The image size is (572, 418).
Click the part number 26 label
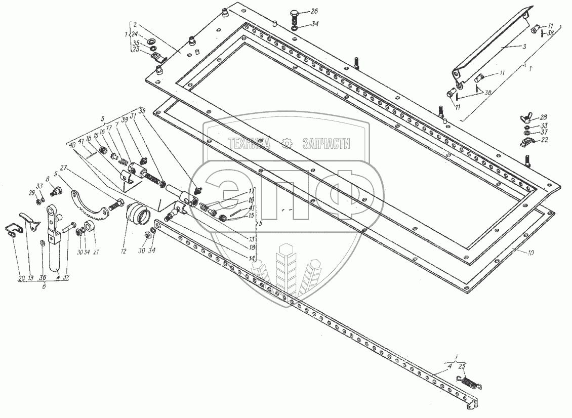(x=314, y=11)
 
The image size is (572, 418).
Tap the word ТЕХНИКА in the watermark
(x=250, y=144)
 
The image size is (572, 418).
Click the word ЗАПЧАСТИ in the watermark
(x=326, y=144)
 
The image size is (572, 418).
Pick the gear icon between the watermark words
(x=287, y=144)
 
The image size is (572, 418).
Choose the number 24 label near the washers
(x=135, y=35)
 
